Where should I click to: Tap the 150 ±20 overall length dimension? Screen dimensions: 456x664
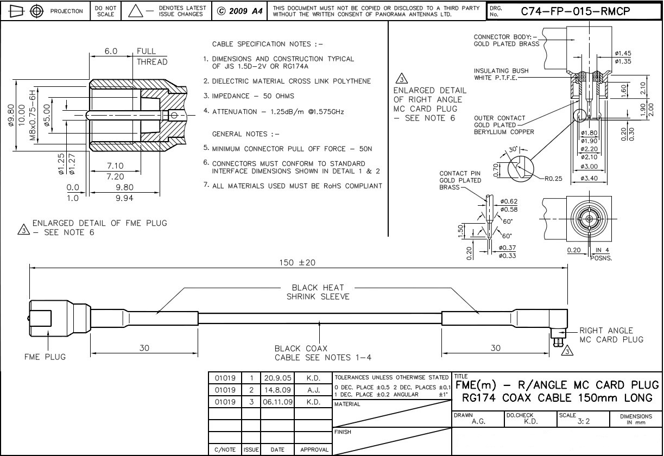298,263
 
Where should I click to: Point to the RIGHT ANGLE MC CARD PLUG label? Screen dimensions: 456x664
611,335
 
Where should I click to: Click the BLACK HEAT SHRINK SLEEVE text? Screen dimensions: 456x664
318,292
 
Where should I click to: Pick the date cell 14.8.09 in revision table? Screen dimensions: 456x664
277,390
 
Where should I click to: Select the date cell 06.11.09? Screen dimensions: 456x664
277,402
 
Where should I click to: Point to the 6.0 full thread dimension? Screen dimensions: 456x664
111,51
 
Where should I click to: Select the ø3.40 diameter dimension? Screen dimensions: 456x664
590,179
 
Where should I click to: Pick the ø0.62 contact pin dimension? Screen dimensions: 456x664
508,202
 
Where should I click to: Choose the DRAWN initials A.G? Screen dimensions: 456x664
478,421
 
